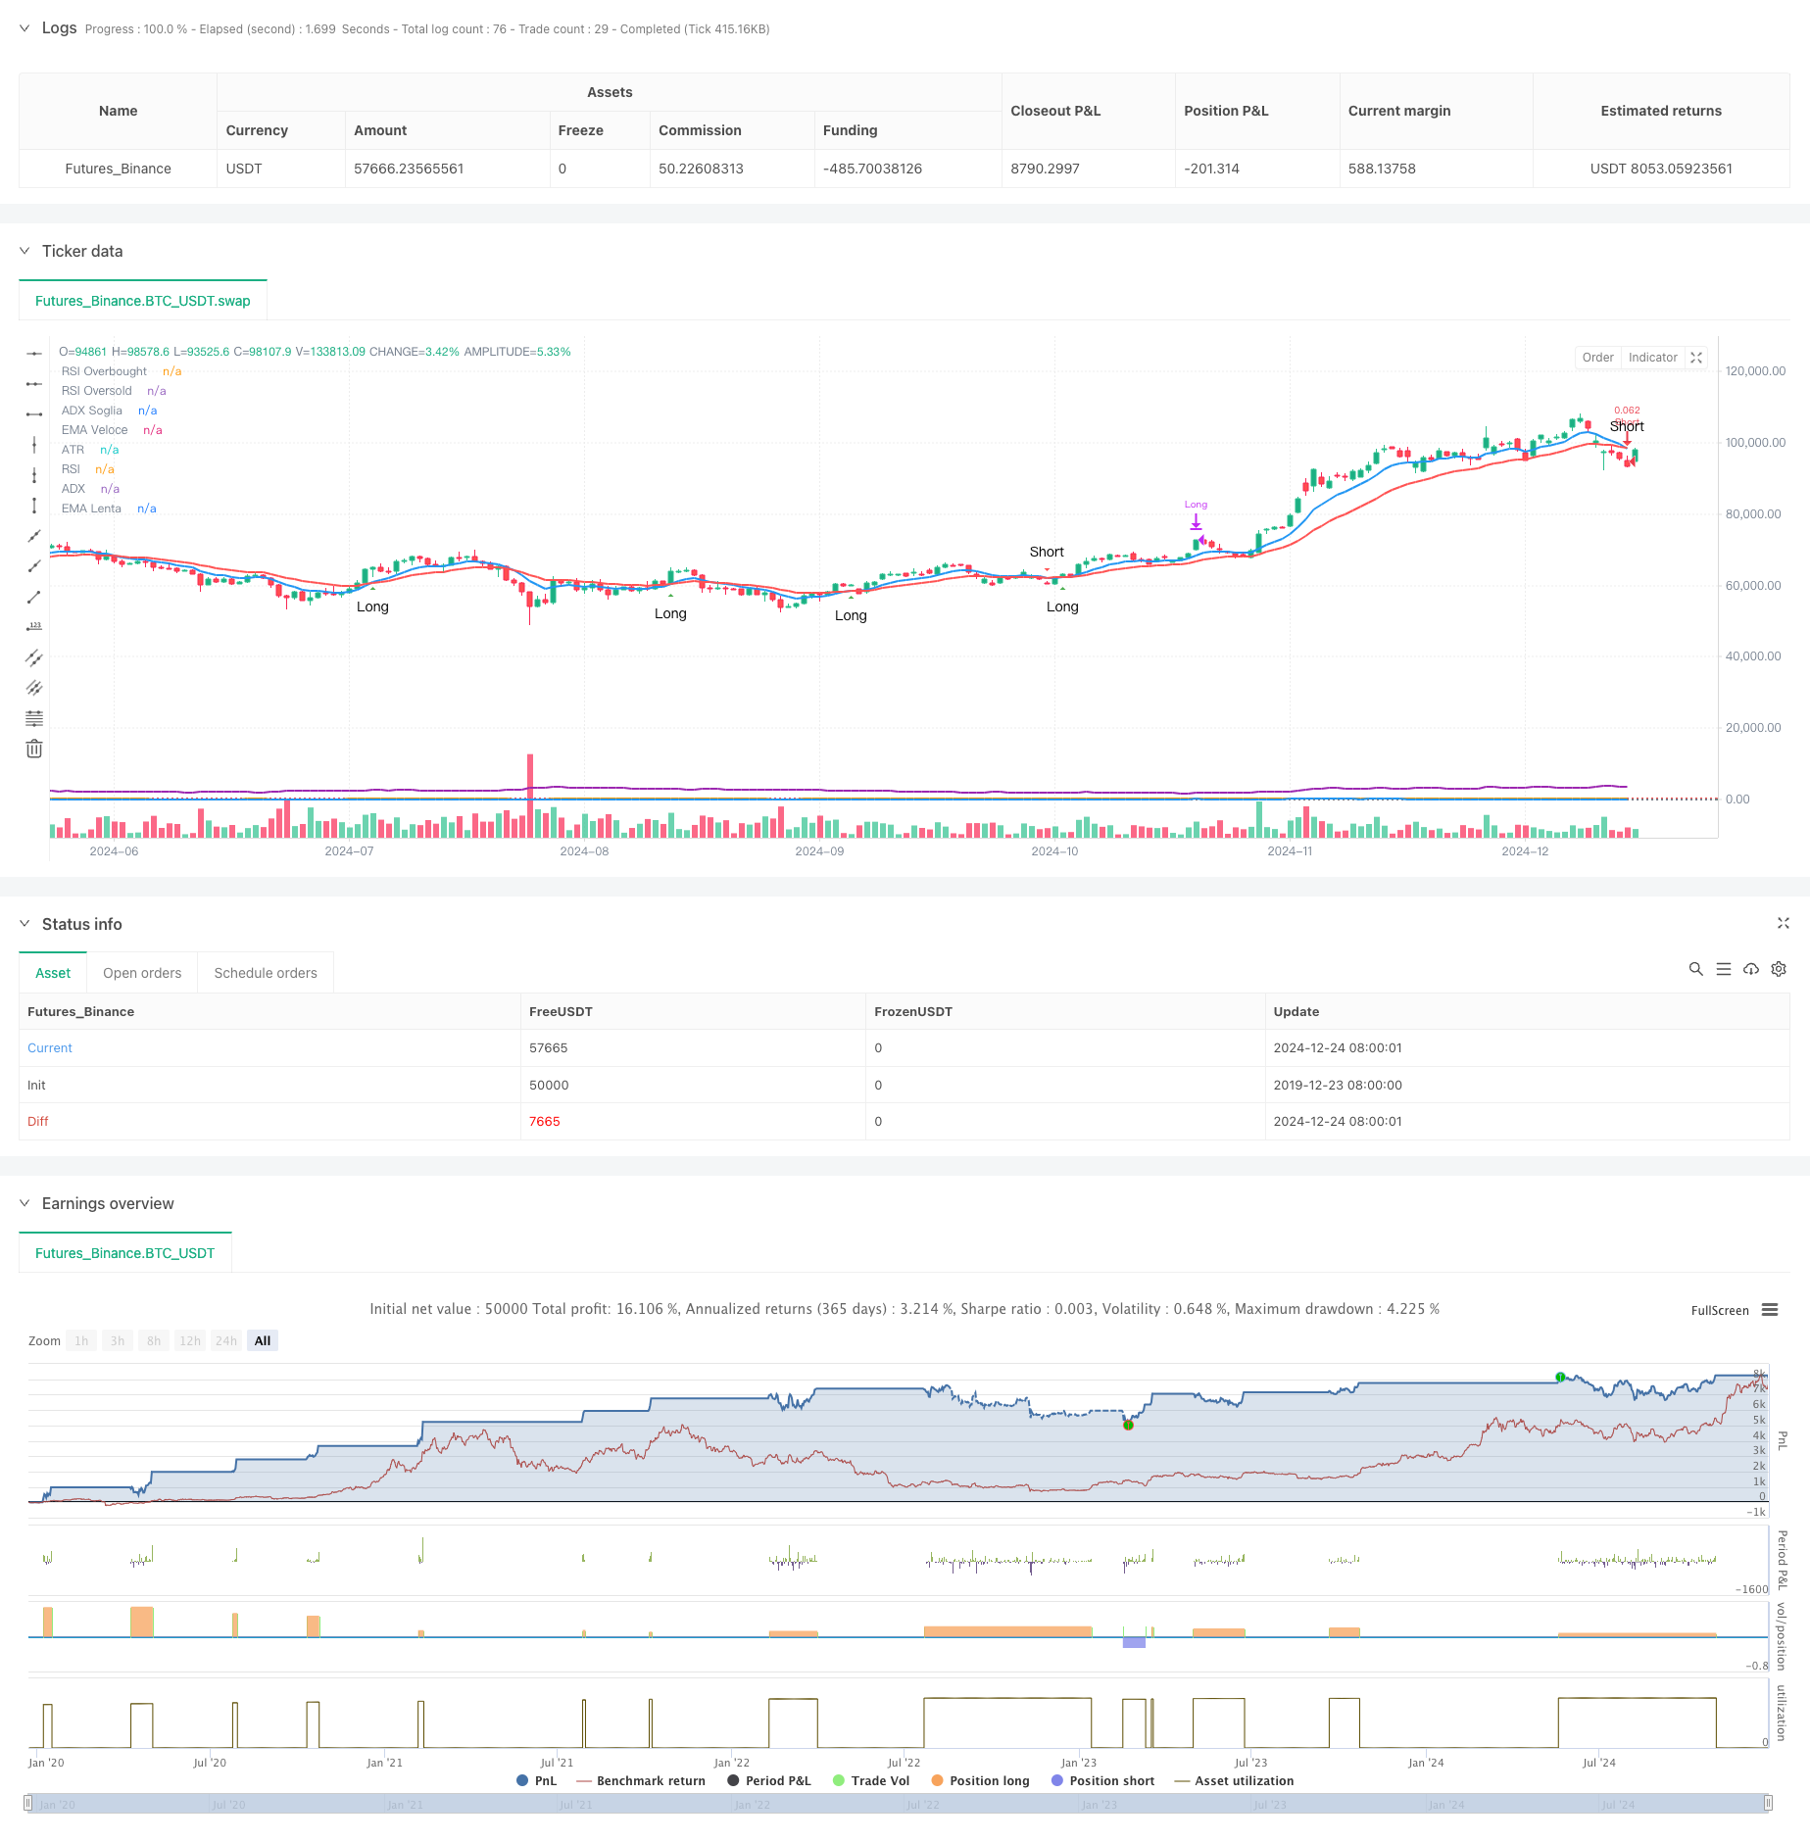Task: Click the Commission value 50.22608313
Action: click(701, 169)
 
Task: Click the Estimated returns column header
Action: click(1660, 111)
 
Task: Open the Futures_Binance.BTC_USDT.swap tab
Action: click(143, 301)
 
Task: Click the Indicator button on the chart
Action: click(1652, 358)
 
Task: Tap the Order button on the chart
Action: click(1597, 358)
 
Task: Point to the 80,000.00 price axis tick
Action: click(1753, 514)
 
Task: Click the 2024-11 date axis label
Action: click(1290, 851)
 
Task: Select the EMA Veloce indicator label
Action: click(95, 430)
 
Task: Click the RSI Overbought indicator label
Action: click(104, 371)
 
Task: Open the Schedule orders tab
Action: click(266, 973)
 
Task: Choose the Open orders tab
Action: click(142, 973)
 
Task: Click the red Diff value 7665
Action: click(545, 1122)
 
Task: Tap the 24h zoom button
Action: click(226, 1341)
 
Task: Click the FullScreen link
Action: click(1719, 1311)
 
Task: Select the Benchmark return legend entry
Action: click(651, 1781)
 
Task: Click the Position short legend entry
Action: click(1111, 1781)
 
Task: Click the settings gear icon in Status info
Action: click(1779, 969)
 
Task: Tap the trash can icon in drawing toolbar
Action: click(34, 750)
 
